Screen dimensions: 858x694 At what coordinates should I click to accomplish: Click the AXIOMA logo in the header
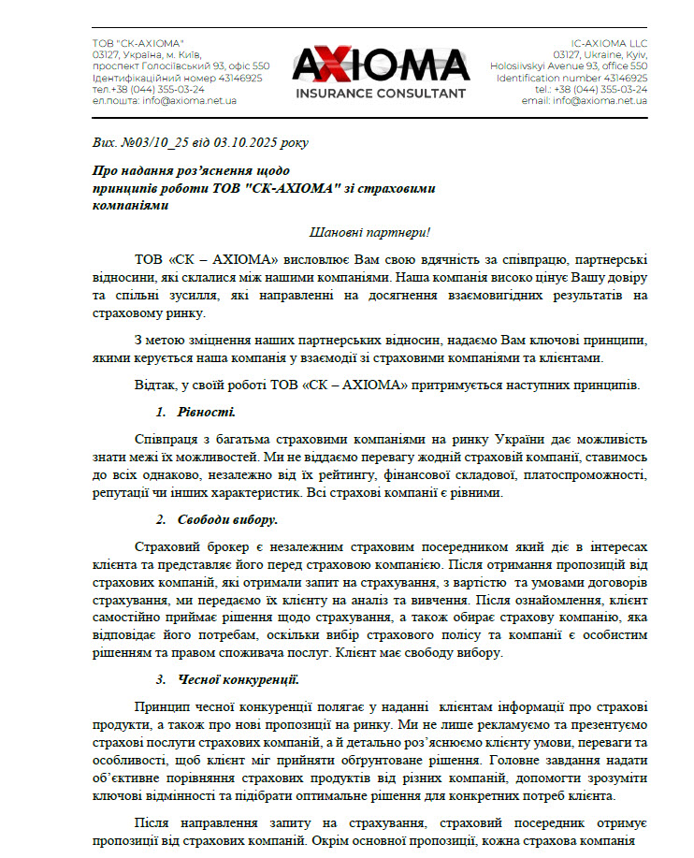381,65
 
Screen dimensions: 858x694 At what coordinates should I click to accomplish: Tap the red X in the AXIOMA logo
340,65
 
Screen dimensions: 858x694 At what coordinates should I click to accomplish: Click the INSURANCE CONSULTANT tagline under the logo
380,94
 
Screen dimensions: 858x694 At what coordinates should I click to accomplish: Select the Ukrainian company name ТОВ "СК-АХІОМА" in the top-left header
137,44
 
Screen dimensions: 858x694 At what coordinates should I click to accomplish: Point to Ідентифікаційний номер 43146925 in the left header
177,78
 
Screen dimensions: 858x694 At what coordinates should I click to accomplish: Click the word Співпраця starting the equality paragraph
169,439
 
